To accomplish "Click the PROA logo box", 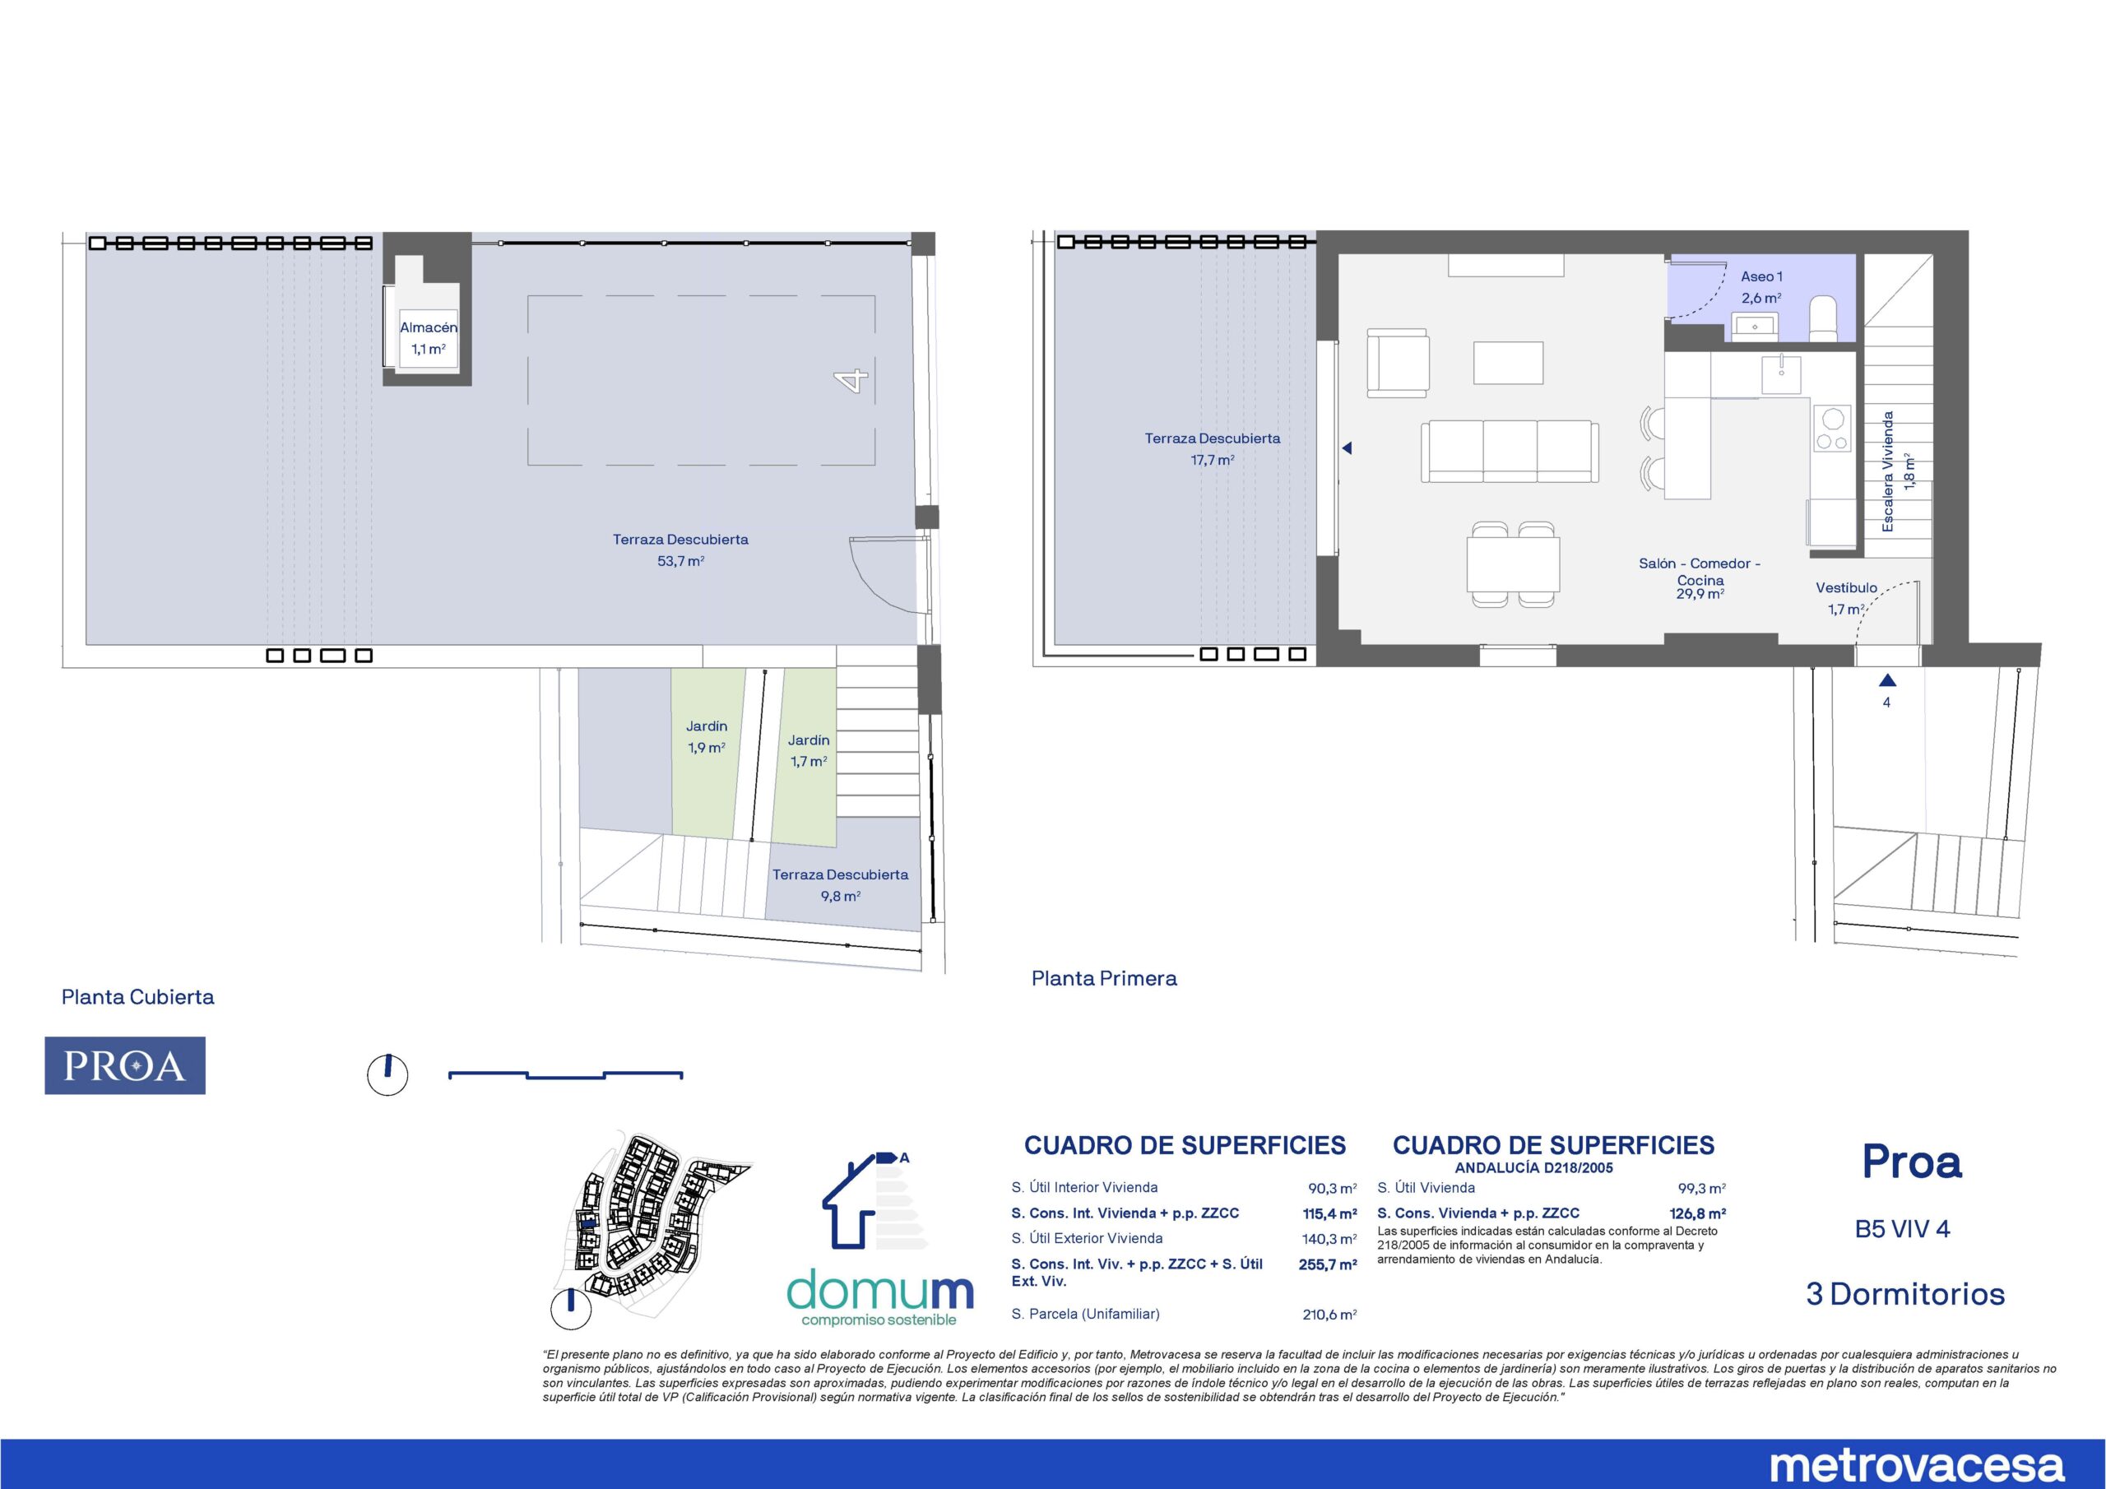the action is pyautogui.click(x=125, y=1065).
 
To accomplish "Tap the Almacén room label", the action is pyautogui.click(x=429, y=327).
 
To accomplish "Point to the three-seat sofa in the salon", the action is pyautogui.click(x=1510, y=452).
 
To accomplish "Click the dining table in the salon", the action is pyautogui.click(x=1513, y=564).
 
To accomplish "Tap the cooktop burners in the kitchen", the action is pyautogui.click(x=1833, y=429).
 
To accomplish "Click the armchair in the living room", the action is pyautogui.click(x=1398, y=363).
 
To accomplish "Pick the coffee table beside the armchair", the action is pyautogui.click(x=1508, y=363).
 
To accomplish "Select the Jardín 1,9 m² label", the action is pyautogui.click(x=707, y=737).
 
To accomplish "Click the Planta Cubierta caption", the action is pyautogui.click(x=137, y=997).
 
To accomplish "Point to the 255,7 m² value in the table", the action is pyautogui.click(x=1327, y=1264).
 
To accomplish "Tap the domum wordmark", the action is pyautogui.click(x=880, y=1291).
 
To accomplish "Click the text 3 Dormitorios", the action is pyautogui.click(x=1905, y=1295).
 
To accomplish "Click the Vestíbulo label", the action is pyautogui.click(x=1846, y=588).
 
